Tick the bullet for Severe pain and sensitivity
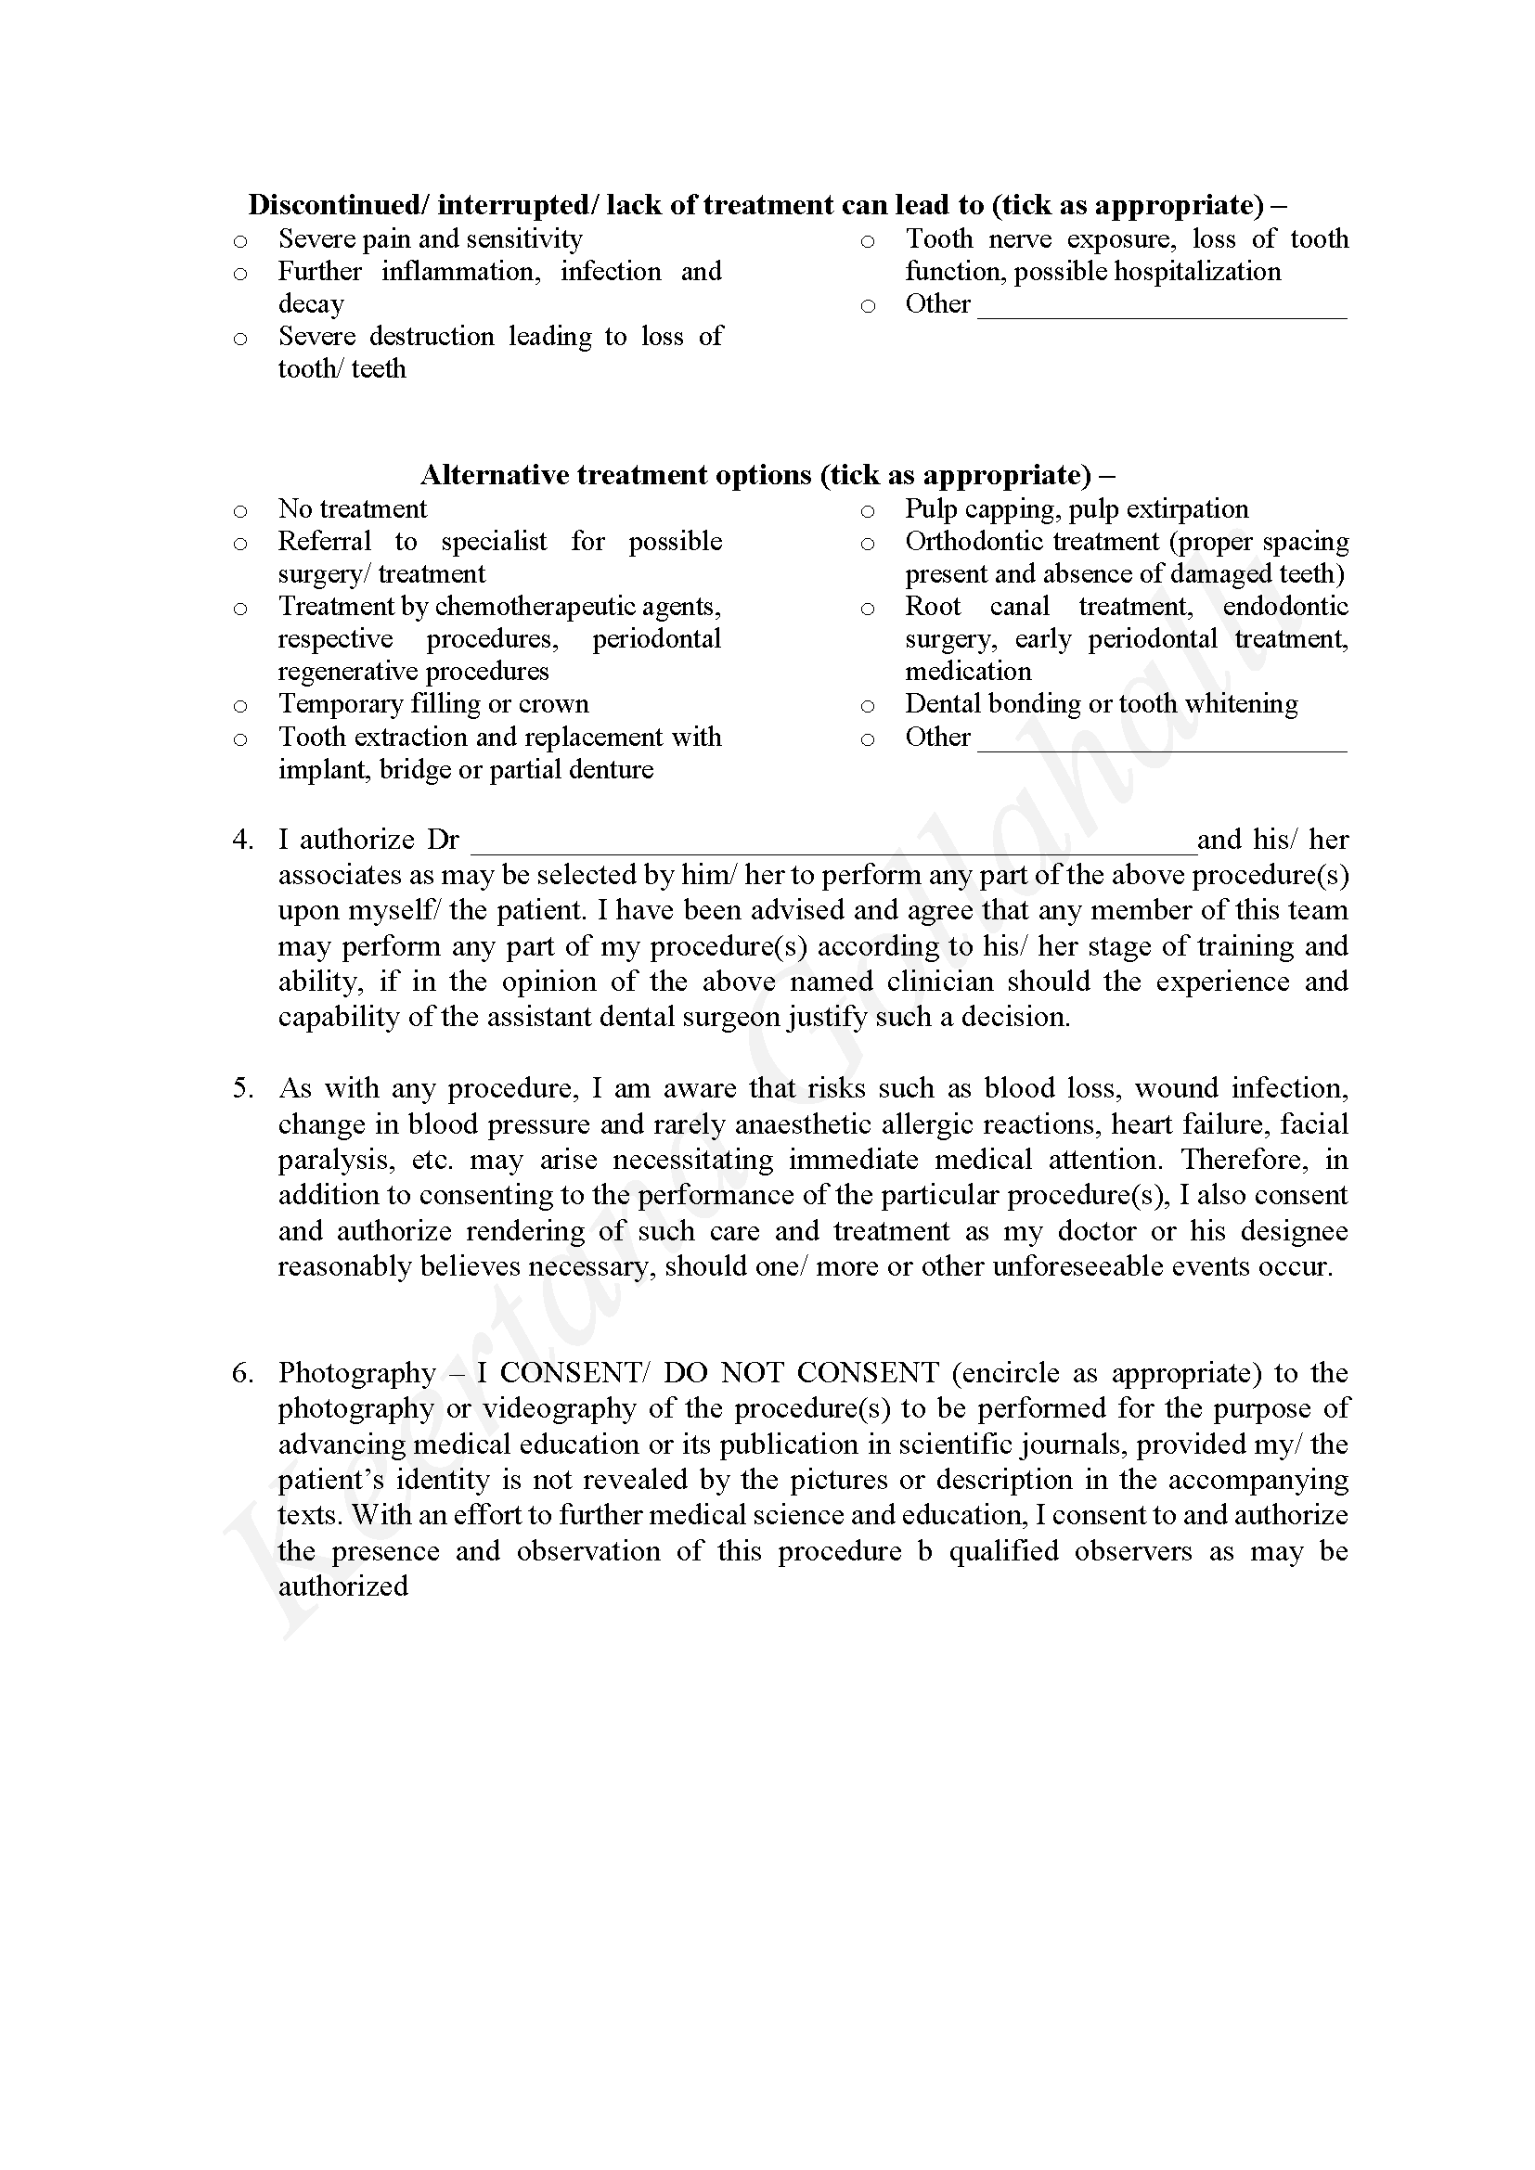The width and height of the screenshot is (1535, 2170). [240, 242]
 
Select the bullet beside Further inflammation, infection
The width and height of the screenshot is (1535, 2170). [240, 275]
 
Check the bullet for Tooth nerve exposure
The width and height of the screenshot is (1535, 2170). [867, 242]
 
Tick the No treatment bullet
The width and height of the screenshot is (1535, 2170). [240, 512]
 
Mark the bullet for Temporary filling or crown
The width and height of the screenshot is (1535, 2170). [240, 707]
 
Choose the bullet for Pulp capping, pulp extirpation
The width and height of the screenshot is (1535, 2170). [867, 512]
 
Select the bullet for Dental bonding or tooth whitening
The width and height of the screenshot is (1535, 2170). [867, 707]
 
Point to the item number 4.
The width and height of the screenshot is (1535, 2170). [243, 841]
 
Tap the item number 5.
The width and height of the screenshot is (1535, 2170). [243, 1089]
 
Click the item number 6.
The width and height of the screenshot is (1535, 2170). [243, 1373]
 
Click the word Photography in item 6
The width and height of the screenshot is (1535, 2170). [356, 1373]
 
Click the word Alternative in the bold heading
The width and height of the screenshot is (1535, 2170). [495, 474]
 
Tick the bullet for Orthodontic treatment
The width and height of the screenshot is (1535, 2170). [867, 545]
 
